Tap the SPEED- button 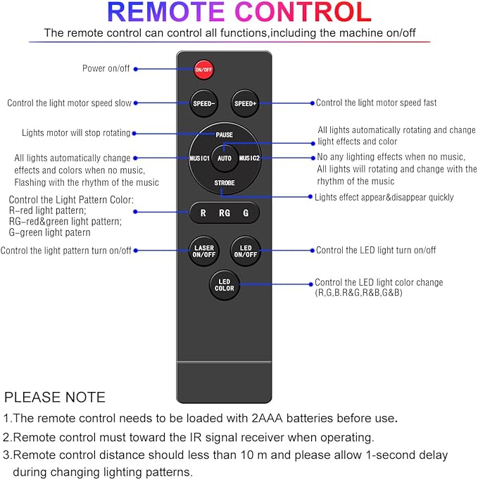point(203,103)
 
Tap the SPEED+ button point(246,103)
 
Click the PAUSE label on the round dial point(225,134)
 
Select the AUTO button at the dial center point(225,158)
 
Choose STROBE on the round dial point(225,183)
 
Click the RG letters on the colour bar point(224,213)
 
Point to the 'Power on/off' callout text point(106,68)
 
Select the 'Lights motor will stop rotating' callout point(75,133)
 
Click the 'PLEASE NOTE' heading point(55,397)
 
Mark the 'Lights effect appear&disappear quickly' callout point(384,198)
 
